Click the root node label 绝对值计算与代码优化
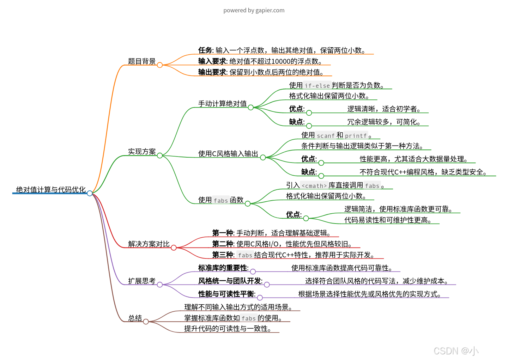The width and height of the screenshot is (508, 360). (x=51, y=190)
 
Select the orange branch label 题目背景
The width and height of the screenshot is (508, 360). (x=141, y=61)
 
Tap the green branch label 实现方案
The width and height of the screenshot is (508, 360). (x=141, y=152)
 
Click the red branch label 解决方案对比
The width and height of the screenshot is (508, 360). (x=149, y=244)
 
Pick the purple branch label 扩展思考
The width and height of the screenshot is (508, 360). (x=141, y=281)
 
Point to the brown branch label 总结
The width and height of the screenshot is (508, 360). (x=135, y=318)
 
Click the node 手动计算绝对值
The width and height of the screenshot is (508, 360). (x=222, y=104)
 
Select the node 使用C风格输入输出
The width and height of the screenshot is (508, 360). (x=228, y=154)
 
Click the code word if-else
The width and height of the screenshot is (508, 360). (x=317, y=86)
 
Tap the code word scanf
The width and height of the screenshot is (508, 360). (x=326, y=136)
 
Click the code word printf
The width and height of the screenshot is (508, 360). (x=356, y=136)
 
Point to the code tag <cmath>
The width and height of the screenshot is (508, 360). (x=314, y=186)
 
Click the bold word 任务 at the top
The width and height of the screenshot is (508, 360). (x=205, y=50)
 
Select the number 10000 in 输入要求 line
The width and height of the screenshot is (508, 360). (x=281, y=61)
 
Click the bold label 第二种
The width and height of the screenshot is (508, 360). (x=222, y=244)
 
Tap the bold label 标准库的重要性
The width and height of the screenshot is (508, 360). (x=223, y=268)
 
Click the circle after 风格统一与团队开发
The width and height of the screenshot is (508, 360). (x=267, y=285)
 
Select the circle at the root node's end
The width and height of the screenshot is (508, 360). (x=90, y=193)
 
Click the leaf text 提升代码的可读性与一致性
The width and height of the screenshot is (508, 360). (x=228, y=329)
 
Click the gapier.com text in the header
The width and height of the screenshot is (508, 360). (x=270, y=10)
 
